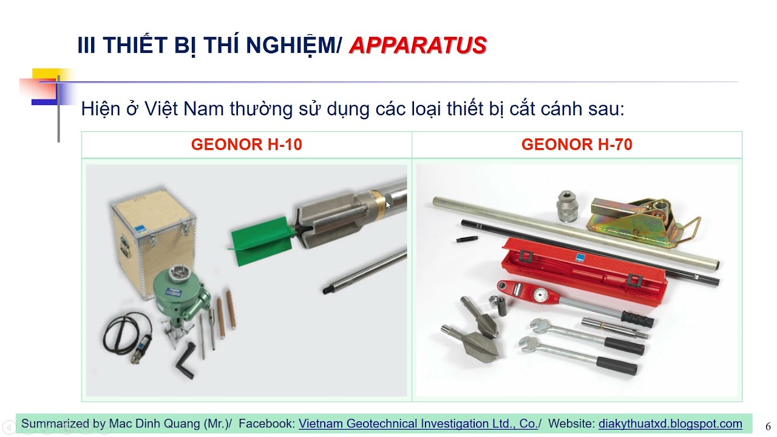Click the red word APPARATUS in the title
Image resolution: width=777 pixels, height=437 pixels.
click(x=418, y=46)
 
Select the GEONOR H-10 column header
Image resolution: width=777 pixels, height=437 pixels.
click(x=246, y=144)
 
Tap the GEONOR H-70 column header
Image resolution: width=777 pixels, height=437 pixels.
click(x=577, y=144)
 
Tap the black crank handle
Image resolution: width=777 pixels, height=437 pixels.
click(x=185, y=361)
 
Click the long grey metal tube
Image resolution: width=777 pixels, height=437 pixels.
click(x=577, y=231)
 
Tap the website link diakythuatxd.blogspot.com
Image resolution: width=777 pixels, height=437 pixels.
click(x=670, y=424)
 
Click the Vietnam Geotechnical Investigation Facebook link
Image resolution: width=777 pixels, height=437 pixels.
click(x=418, y=424)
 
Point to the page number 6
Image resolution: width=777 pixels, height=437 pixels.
click(x=768, y=427)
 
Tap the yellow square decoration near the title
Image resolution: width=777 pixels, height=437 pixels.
click(x=44, y=76)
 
